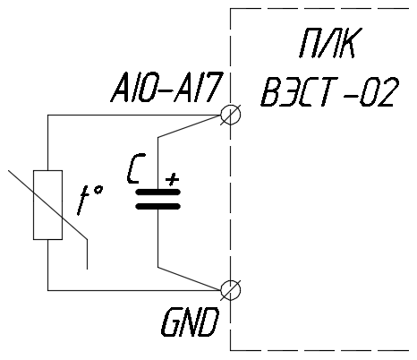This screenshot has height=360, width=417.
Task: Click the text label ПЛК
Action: [330, 43]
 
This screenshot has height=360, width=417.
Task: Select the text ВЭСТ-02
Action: [329, 91]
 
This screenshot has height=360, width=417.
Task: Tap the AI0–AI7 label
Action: [167, 88]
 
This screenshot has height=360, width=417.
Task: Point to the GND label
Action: [190, 322]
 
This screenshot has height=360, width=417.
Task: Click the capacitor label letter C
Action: [136, 168]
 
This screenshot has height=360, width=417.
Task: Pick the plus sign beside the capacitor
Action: [173, 179]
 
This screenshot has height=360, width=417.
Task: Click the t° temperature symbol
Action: [90, 200]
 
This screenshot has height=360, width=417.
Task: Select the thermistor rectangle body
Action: [47, 205]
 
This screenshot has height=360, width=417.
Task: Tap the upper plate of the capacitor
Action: [158, 193]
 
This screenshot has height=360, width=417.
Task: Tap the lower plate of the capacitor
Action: [158, 206]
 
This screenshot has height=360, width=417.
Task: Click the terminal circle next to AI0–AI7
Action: [230, 115]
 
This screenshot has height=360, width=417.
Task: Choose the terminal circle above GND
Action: [230, 290]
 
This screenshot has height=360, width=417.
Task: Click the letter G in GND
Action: [171, 322]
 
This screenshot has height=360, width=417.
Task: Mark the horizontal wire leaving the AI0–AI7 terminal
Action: [134, 115]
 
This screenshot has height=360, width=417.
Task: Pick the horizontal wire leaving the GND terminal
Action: [134, 290]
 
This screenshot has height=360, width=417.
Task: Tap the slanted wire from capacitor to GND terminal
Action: [190, 279]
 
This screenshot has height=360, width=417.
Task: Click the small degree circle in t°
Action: [98, 190]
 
